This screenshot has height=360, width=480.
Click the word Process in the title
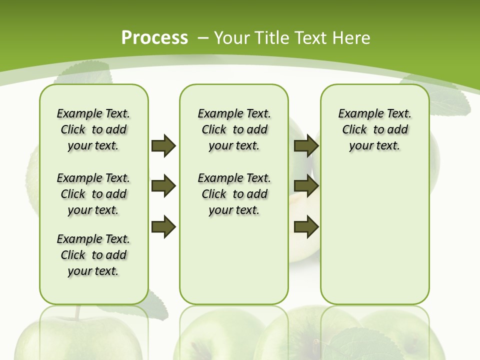(x=154, y=37)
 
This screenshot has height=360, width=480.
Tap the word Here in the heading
(x=351, y=37)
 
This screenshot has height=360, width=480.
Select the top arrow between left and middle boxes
(x=163, y=145)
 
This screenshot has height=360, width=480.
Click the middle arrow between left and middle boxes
(x=163, y=186)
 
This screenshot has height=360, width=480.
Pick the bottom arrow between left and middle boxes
(x=163, y=227)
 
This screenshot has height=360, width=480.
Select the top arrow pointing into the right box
(x=306, y=145)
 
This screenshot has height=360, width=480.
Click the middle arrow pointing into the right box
(x=306, y=186)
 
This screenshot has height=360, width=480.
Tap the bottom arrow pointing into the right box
(x=306, y=227)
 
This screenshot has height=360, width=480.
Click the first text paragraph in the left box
(x=93, y=129)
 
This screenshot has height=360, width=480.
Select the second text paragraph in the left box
(x=93, y=194)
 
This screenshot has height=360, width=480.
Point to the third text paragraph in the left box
(x=93, y=255)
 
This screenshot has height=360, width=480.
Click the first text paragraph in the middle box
(x=234, y=129)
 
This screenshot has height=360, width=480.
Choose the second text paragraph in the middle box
(x=234, y=194)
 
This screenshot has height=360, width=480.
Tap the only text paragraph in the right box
(x=375, y=129)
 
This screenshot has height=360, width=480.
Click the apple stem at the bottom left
(x=77, y=312)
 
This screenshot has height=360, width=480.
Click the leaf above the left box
(x=85, y=75)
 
